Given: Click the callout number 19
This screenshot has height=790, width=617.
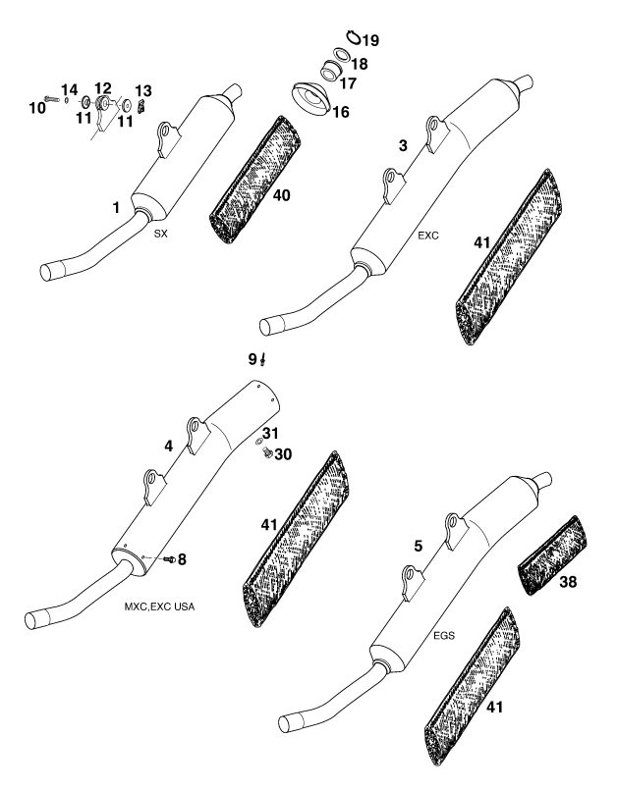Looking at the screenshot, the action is click(370, 40).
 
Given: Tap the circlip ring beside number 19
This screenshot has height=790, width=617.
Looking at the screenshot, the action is click(354, 36).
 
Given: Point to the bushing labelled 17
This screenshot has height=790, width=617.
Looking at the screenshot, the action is click(331, 70).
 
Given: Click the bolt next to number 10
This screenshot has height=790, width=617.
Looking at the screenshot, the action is click(51, 99).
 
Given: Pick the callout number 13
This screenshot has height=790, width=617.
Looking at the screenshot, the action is click(143, 90).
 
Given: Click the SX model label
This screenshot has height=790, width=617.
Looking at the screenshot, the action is click(160, 234).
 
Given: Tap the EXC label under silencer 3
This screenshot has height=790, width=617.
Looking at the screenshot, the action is click(428, 236).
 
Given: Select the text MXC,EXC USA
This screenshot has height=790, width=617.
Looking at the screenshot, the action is click(159, 606).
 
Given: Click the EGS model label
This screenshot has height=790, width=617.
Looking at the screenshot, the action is click(444, 636).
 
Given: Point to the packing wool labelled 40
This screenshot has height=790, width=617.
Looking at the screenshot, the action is click(254, 180).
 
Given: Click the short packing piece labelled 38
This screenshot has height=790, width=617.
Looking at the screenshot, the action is click(552, 554).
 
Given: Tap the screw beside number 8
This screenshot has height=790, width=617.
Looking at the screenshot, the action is click(170, 559).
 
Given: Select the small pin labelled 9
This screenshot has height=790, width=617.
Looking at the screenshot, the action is click(263, 360).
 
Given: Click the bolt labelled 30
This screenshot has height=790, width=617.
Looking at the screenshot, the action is click(267, 453).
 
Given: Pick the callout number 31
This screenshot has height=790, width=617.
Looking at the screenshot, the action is click(270, 433).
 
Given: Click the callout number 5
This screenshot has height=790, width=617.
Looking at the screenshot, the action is click(419, 546).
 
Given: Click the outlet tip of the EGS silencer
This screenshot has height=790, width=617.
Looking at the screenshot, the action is click(543, 479).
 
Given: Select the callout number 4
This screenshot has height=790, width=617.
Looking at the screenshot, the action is click(169, 446).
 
